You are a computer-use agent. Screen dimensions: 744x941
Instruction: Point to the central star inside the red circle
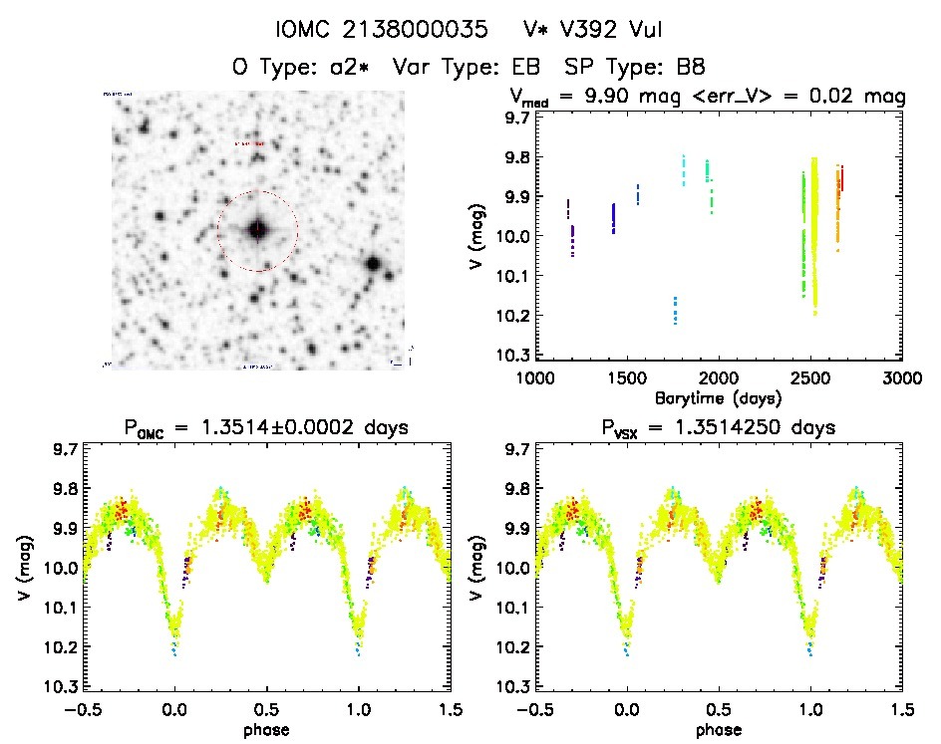tap(257, 230)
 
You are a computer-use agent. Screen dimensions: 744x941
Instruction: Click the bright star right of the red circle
tap(373, 264)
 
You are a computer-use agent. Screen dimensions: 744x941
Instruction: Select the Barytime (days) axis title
tap(718, 397)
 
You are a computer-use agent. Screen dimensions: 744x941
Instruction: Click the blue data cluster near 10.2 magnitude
tap(675, 310)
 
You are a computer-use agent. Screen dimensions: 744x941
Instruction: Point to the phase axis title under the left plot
tap(266, 728)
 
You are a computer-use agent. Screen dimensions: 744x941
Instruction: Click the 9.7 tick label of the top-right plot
tap(515, 119)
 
